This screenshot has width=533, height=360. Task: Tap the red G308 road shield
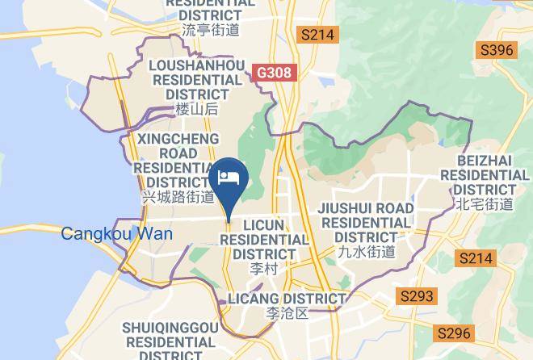[274, 73]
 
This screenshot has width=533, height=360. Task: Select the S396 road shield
[497, 51]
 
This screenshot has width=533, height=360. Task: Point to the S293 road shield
[418, 296]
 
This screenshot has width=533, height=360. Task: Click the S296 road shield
[453, 333]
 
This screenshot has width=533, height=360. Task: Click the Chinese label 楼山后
[197, 109]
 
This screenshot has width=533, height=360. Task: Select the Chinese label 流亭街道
[211, 31]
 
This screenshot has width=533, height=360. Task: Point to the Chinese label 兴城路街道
[178, 196]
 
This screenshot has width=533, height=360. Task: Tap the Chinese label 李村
[264, 267]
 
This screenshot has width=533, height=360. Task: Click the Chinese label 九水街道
[366, 251]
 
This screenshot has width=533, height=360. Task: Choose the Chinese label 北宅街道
[484, 204]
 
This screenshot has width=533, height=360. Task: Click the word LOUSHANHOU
[198, 66]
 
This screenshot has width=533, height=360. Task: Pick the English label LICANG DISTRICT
[287, 299]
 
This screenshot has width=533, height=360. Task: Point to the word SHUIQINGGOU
[170, 327]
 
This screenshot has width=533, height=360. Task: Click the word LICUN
[264, 225]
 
